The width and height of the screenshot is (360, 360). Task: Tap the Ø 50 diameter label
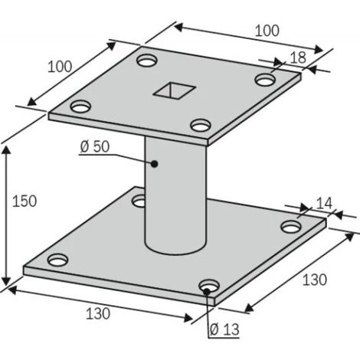click(x=96, y=148)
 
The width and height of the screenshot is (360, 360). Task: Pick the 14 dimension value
click(x=324, y=203)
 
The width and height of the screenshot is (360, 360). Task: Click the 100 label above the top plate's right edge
click(x=266, y=31)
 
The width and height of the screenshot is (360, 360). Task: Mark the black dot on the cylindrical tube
click(x=154, y=163)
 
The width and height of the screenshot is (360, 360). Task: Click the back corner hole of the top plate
click(x=146, y=58)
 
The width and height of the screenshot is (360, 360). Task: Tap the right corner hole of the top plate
click(x=265, y=79)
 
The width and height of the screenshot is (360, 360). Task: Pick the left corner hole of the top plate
click(x=80, y=106)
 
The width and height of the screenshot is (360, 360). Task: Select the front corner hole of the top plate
click(x=201, y=125)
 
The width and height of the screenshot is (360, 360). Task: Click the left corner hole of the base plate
click(x=57, y=259)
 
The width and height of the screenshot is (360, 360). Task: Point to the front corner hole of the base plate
click(x=208, y=287)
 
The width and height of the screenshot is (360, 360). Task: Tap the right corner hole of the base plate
click(x=290, y=227)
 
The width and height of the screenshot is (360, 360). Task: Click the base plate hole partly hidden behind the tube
click(x=140, y=201)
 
